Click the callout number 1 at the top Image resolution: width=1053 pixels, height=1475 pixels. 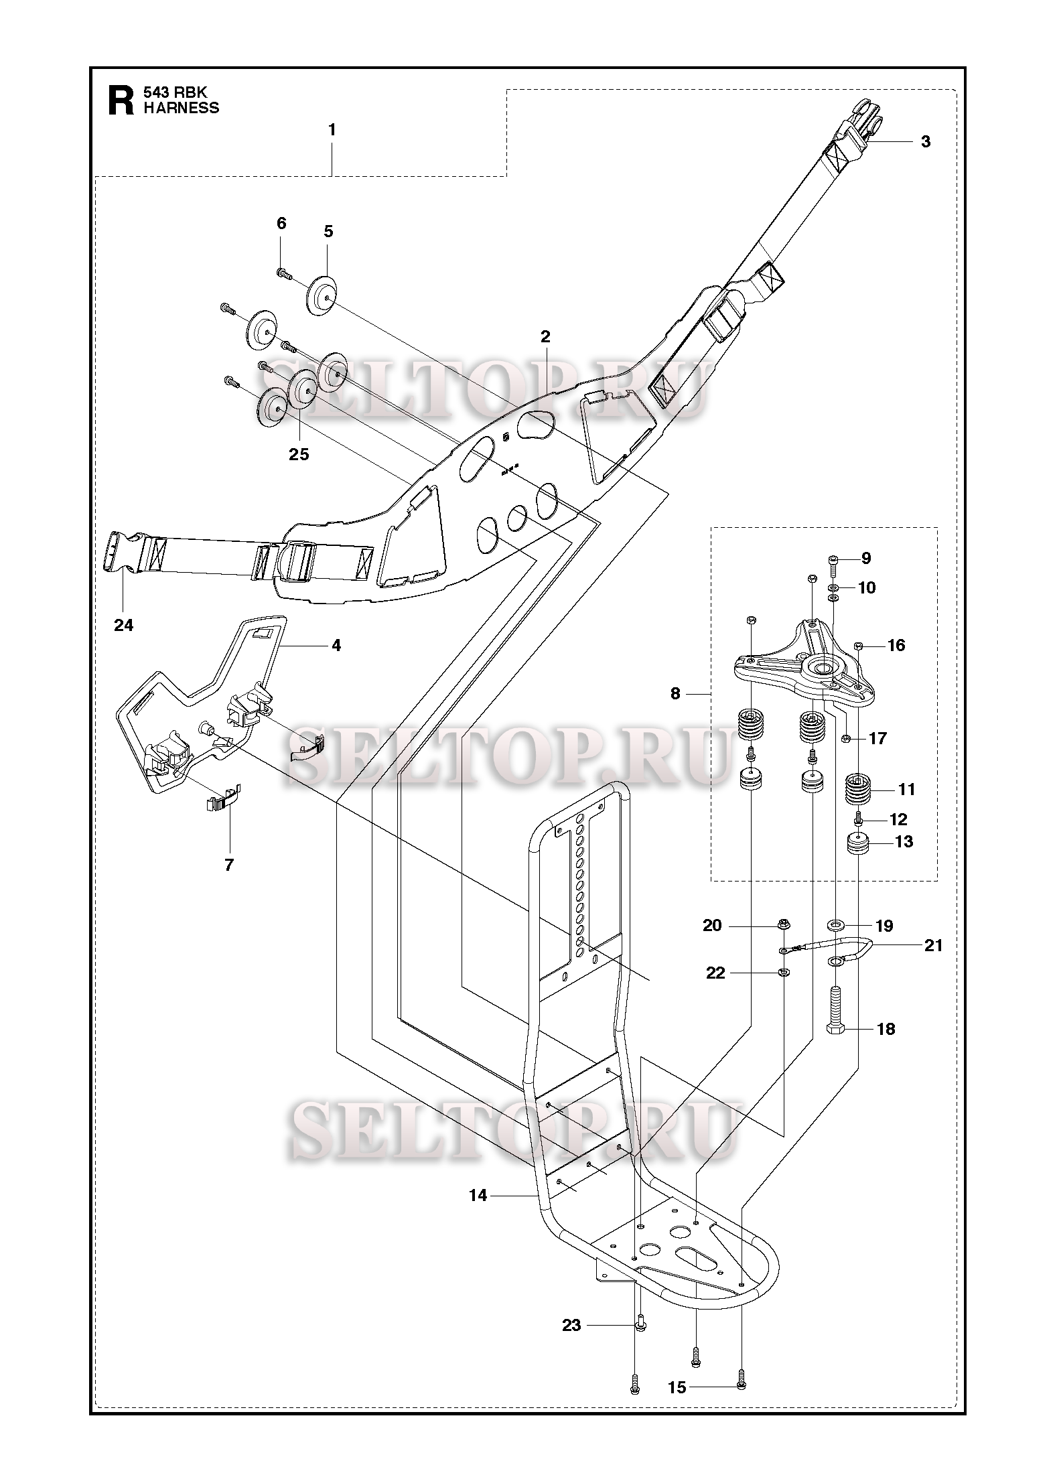point(332,130)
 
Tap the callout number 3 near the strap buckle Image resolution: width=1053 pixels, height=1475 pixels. point(925,141)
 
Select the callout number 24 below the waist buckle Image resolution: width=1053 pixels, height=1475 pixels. point(124,625)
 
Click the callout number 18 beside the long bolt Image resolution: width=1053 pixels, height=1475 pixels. point(886,1029)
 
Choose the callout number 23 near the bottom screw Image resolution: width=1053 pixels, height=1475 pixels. point(571,1325)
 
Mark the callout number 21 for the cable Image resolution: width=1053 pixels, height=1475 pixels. point(932,945)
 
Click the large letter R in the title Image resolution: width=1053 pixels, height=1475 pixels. point(121,100)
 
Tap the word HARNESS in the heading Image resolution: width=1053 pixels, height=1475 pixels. point(182,108)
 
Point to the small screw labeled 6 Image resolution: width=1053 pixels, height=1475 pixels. point(283,272)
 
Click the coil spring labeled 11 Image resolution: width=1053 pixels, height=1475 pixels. point(858,791)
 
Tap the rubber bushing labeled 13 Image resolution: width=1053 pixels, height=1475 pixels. point(859,843)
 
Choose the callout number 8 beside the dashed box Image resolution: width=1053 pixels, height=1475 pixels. point(675,694)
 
